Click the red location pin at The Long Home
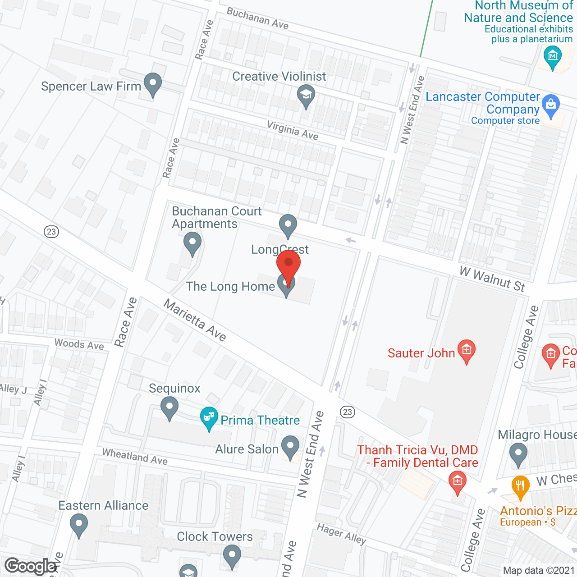click(288, 266)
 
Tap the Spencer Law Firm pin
click(153, 83)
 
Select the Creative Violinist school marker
click(306, 95)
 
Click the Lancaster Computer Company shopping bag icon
click(550, 105)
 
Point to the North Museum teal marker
click(552, 57)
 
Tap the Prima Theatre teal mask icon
click(209, 417)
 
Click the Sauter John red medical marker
click(467, 350)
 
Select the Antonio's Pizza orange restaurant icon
click(521, 486)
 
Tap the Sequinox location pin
click(169, 407)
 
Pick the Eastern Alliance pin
click(79, 525)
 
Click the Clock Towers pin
click(232, 555)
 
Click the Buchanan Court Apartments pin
click(192, 243)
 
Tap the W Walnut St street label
click(493, 279)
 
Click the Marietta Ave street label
click(195, 321)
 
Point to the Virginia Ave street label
click(293, 130)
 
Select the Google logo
click(31, 566)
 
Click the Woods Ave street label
click(79, 344)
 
